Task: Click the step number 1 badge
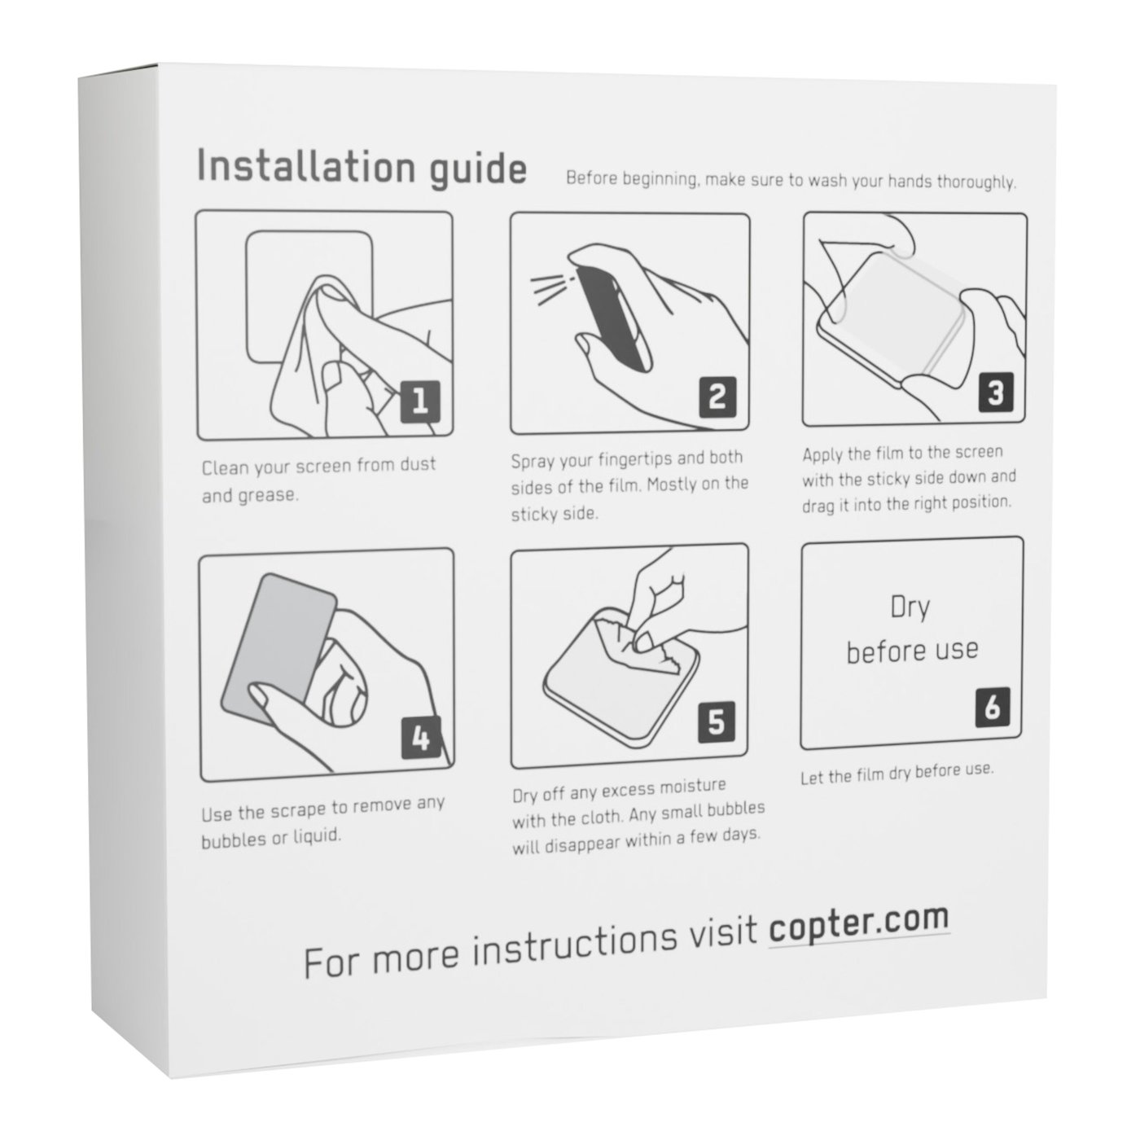420,401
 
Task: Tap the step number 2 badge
717,397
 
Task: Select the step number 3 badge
996,392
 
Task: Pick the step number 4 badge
421,738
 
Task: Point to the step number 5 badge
717,721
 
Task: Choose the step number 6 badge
992,707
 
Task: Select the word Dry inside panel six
910,608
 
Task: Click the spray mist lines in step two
548,289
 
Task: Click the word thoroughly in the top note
976,182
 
